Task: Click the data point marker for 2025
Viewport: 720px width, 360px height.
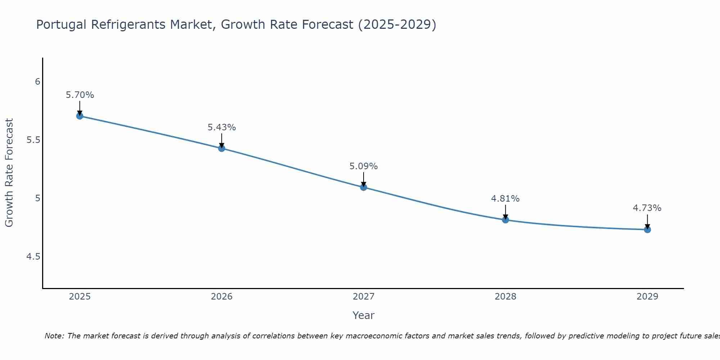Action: [x=80, y=116]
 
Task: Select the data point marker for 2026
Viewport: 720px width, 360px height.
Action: [x=221, y=148]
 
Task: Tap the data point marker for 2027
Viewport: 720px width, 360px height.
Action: [x=363, y=187]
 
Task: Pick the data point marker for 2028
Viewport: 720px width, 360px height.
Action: [x=505, y=220]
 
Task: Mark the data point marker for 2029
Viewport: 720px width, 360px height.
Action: [x=647, y=229]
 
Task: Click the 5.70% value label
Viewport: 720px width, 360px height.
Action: [x=80, y=95]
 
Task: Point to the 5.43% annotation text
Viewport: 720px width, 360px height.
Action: [x=221, y=127]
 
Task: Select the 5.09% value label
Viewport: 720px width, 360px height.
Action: [x=363, y=166]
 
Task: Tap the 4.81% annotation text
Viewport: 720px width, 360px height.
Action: [x=505, y=199]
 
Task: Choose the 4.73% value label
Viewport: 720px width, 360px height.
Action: [x=647, y=208]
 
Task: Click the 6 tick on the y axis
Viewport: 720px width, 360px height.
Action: [x=37, y=82]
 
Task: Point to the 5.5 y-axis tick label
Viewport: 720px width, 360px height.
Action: [x=33, y=140]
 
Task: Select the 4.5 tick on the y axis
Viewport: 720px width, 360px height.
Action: [x=33, y=257]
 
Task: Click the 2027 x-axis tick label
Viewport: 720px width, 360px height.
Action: [x=363, y=297]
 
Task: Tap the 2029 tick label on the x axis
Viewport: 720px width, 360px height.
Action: [x=647, y=297]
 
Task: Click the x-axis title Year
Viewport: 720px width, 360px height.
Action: [x=363, y=315]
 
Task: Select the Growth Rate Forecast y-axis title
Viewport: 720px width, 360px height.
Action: [x=9, y=173]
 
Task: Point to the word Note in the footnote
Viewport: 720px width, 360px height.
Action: [x=54, y=336]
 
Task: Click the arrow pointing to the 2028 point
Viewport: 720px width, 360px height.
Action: [x=505, y=212]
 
